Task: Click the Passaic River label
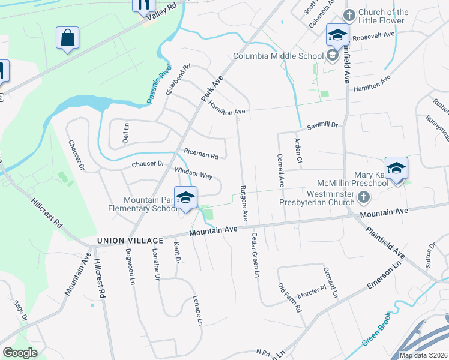coord(158,85)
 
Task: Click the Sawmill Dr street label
coord(323,126)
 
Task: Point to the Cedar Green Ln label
coord(255,255)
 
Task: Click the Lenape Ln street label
coord(197,310)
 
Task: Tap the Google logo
coord(20,352)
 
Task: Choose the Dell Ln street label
coord(126,133)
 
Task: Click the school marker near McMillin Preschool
coord(396,168)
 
